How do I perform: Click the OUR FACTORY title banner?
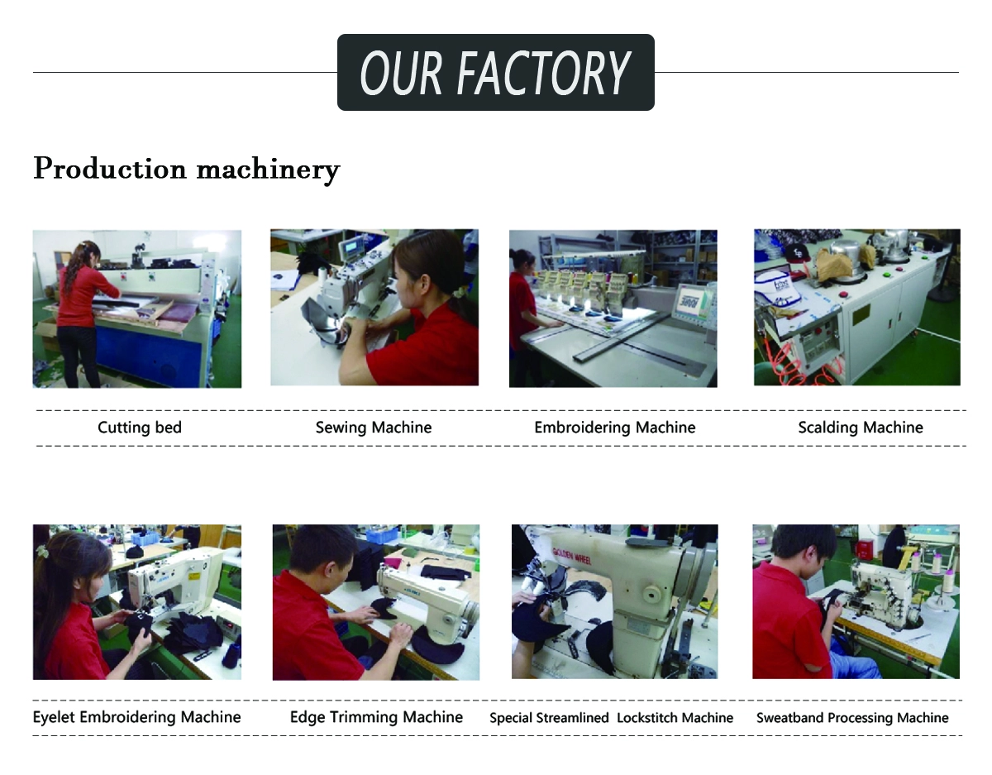point(496,72)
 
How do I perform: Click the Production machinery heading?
point(187,170)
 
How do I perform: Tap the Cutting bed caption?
point(140,428)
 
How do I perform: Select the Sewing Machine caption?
point(374,428)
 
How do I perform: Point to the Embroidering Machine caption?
point(615,428)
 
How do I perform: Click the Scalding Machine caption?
point(861,428)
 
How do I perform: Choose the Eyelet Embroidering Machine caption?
point(137,717)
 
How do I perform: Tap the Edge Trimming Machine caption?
point(376,717)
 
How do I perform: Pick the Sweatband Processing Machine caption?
point(852,717)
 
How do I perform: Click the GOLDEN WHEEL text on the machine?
point(571,556)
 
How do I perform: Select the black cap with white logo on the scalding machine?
point(797,252)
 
